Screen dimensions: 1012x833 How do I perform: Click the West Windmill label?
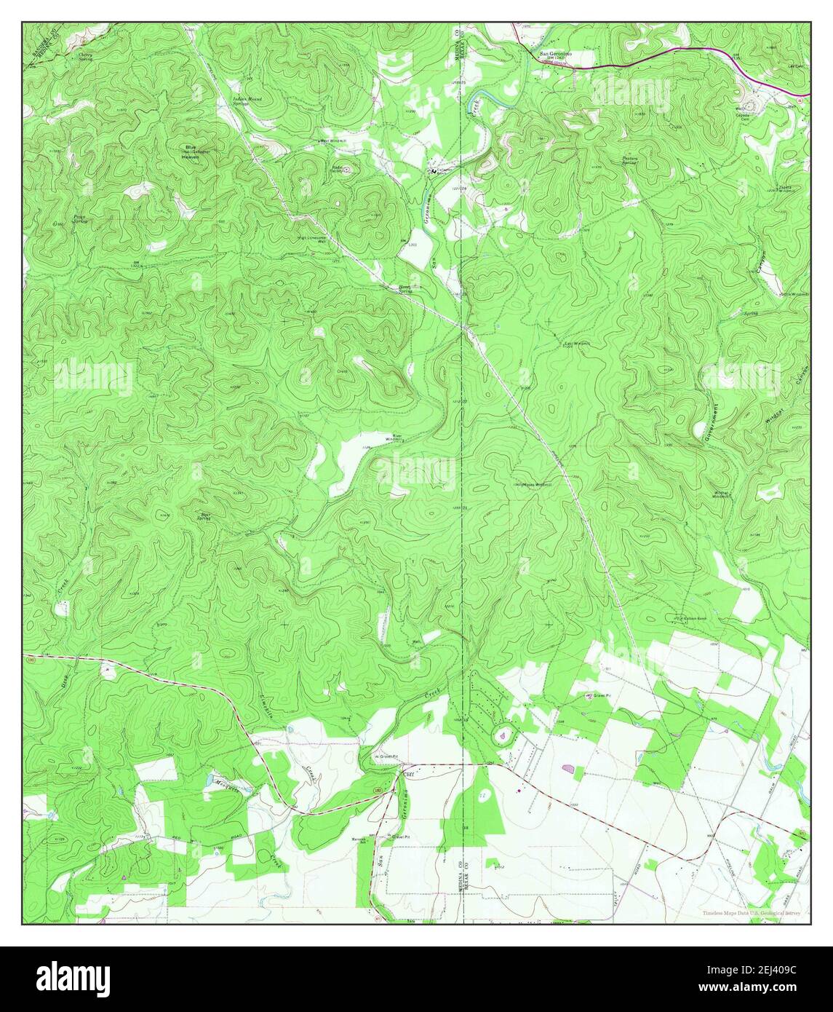pyautogui.click(x=335, y=141)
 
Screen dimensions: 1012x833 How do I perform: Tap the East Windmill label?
pyautogui.click(x=577, y=343)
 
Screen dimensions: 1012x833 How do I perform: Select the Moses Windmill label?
pyautogui.click(x=536, y=484)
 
